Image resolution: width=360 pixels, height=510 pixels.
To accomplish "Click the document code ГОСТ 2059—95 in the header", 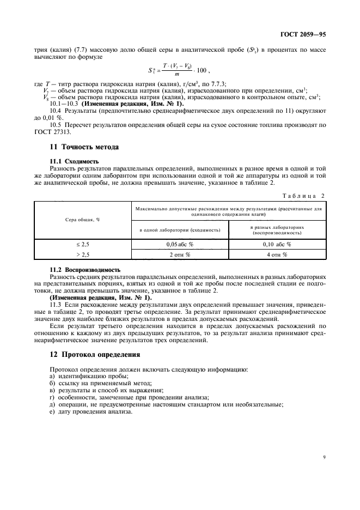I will pos(305,34).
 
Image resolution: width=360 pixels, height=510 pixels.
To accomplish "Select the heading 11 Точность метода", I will pos(84,147).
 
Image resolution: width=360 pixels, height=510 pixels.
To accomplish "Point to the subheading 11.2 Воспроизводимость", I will pos(85,270).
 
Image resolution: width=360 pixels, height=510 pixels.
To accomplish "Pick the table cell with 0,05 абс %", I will pos(180,245).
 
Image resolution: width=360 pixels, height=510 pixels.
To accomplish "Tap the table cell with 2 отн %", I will pos(180,254).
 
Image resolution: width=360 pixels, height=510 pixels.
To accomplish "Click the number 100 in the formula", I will pos(200,70).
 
